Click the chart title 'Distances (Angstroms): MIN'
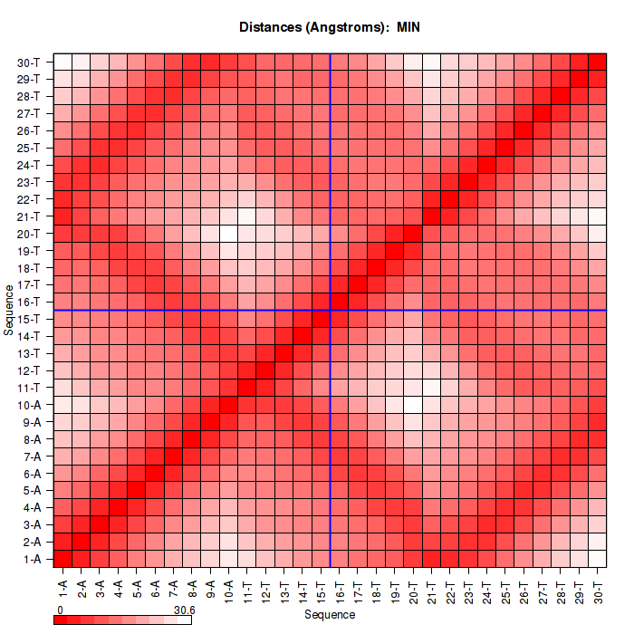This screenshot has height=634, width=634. (330, 27)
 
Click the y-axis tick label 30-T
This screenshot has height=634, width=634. (28, 62)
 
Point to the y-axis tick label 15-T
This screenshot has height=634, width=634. (28, 319)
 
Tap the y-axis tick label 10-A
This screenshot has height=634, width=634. (28, 405)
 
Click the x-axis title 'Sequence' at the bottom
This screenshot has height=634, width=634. (330, 615)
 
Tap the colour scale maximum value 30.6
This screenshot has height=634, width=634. (184, 610)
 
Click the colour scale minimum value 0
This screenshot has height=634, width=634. (60, 610)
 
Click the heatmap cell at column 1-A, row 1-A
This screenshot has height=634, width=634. (63, 558)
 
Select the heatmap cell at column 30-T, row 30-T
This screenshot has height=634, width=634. (597, 62)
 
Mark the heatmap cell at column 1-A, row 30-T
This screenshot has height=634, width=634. (63, 62)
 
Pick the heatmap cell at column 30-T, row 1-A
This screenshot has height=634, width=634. (597, 558)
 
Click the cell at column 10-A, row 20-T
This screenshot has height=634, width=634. (229, 233)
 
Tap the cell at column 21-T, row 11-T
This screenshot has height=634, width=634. (431, 387)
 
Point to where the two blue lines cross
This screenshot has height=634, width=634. (331, 310)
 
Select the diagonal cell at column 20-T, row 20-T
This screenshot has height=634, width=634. (413, 233)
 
